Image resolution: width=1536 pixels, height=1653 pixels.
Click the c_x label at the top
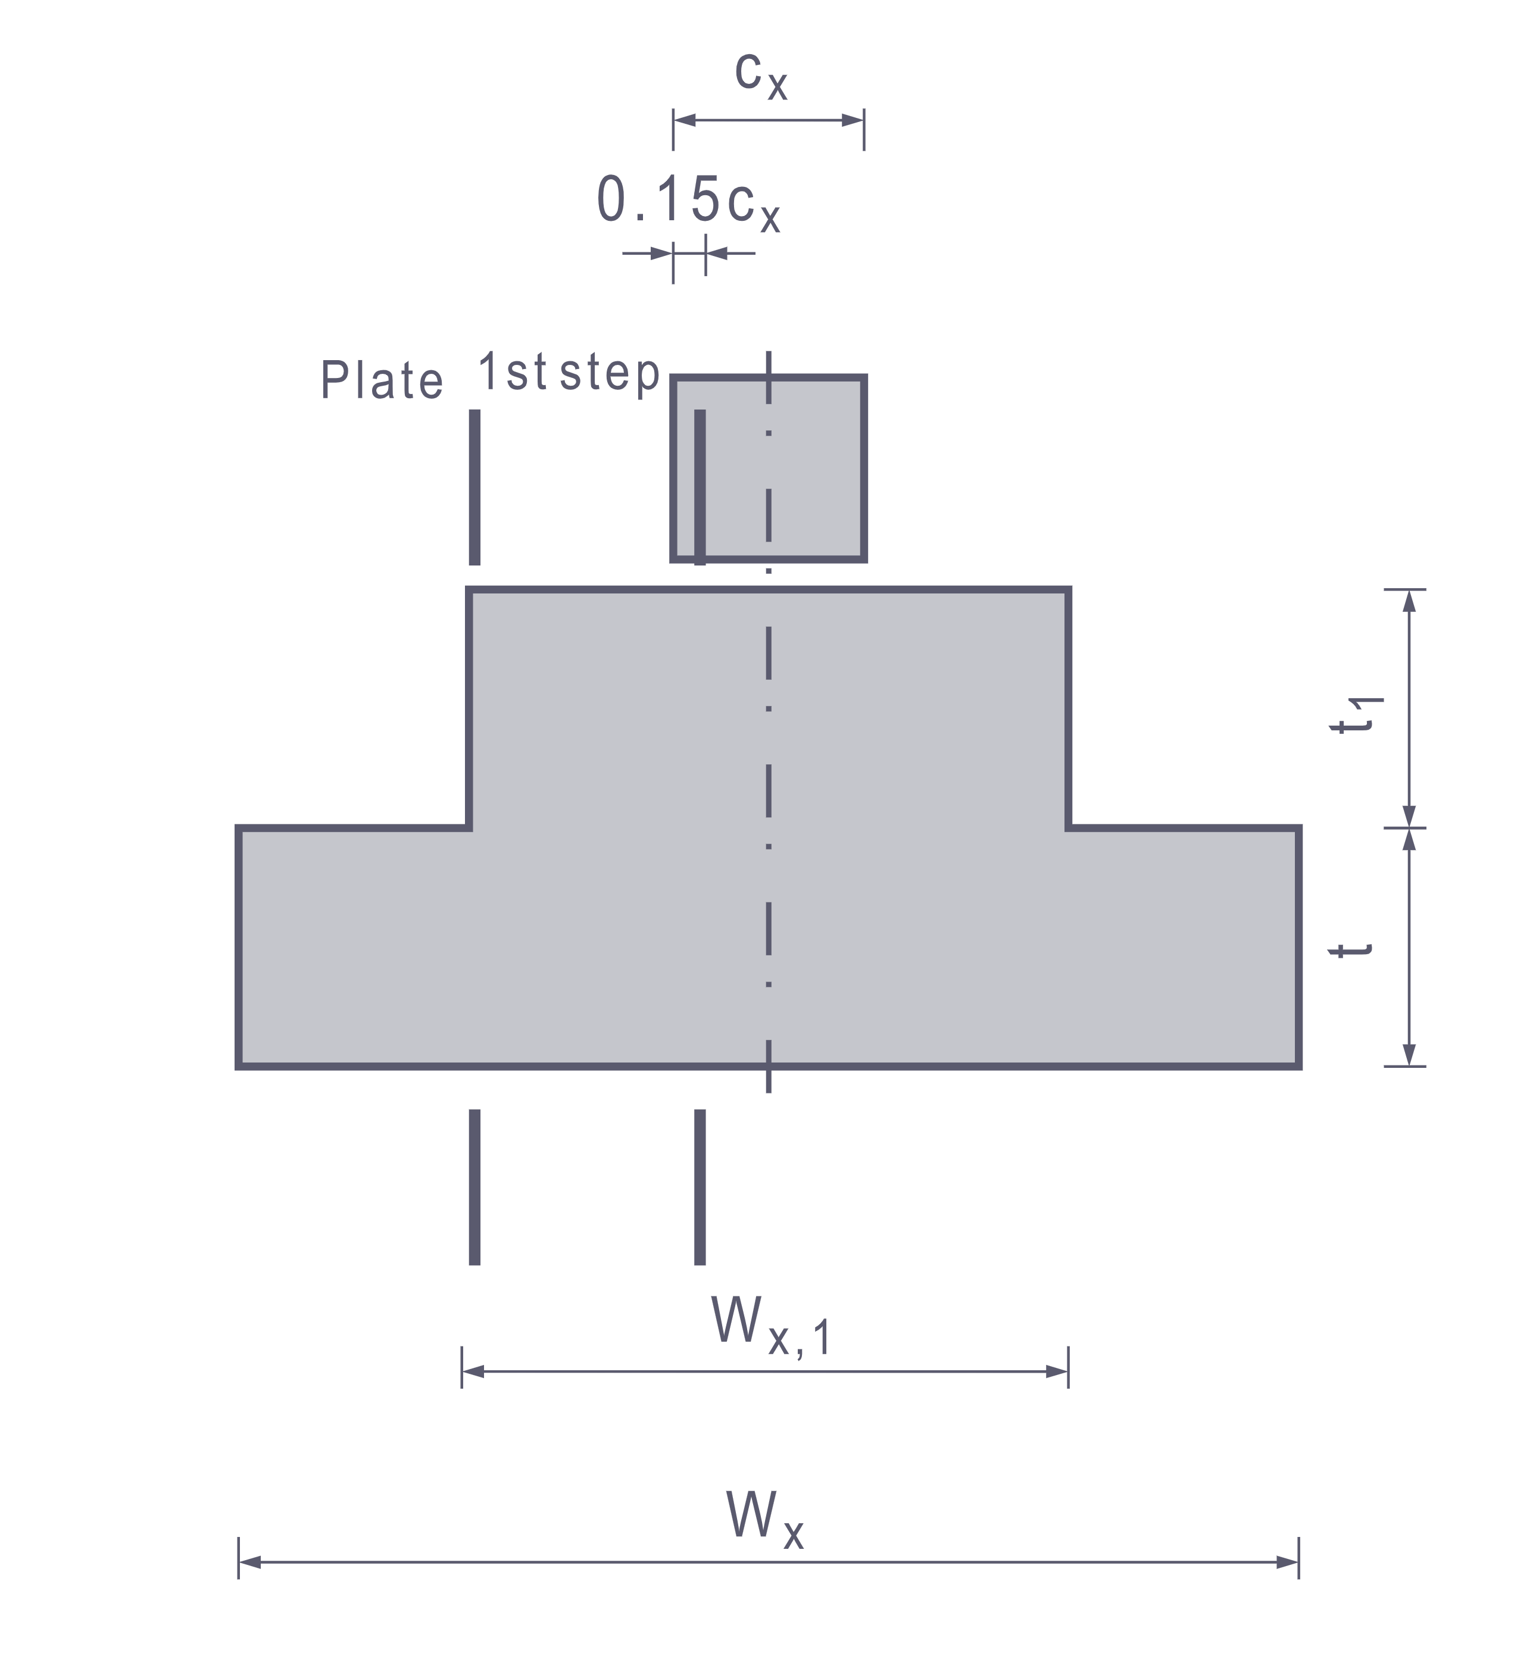click(x=760, y=76)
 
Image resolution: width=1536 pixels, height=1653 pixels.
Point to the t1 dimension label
click(x=1356, y=715)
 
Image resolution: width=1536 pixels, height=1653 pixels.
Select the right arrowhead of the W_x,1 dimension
click(x=1057, y=1372)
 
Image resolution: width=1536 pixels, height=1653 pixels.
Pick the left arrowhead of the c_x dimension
click(x=684, y=120)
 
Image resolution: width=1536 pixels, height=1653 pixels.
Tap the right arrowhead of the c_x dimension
click(x=853, y=120)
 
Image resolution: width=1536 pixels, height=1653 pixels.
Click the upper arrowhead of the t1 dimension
click(x=1409, y=602)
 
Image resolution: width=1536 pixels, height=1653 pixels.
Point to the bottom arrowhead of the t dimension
click(x=1409, y=1054)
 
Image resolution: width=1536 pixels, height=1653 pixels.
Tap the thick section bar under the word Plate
click(x=474, y=487)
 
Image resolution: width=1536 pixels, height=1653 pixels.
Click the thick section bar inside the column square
click(x=700, y=487)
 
